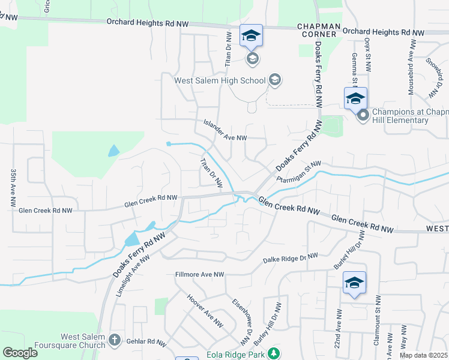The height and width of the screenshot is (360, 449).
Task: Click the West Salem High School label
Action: [219, 80]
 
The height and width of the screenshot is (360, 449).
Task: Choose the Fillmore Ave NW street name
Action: [199, 274]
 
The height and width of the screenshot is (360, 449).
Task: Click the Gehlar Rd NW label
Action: [146, 341]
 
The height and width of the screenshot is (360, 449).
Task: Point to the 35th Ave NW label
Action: [13, 188]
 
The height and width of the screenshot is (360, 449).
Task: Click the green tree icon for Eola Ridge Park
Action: [274, 352]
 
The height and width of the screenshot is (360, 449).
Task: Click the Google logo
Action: [20, 352]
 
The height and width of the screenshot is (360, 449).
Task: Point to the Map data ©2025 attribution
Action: [423, 355]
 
